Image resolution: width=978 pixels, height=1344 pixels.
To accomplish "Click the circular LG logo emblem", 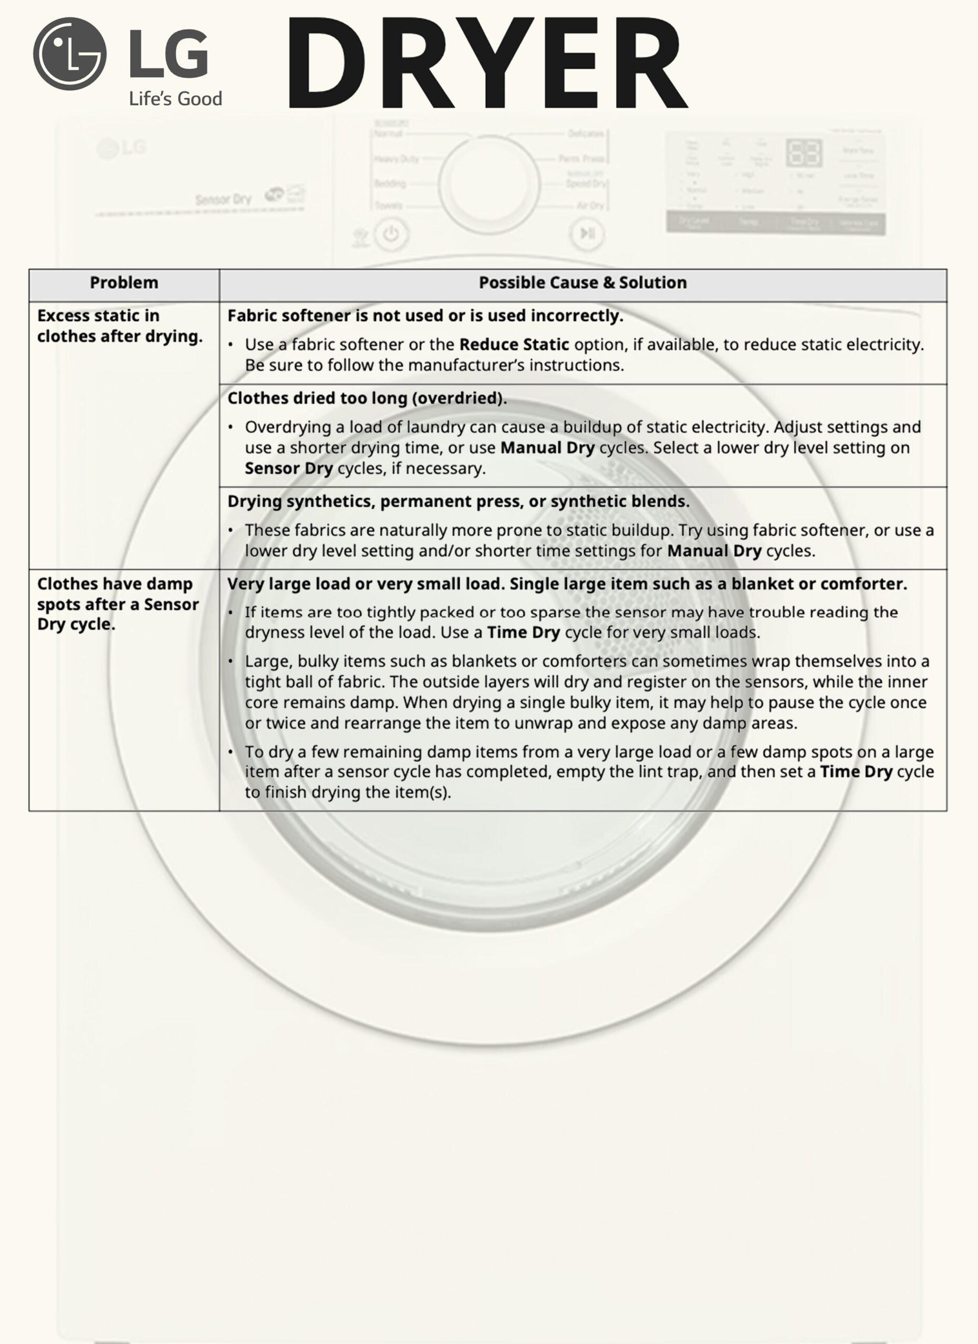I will click(x=70, y=54).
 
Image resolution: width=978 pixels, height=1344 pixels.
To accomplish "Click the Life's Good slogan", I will click(x=175, y=98).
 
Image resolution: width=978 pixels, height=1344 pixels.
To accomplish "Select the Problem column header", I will click(x=124, y=282).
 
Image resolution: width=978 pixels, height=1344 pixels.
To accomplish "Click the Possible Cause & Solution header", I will click(x=582, y=282).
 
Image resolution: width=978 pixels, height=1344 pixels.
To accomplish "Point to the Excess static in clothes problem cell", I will click(x=119, y=326).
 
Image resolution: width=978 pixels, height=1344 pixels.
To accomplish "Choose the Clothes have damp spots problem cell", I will click(x=117, y=604).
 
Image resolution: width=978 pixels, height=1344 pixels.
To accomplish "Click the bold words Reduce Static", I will click(x=514, y=344).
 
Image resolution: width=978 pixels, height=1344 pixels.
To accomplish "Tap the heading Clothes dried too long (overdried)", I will click(x=367, y=398).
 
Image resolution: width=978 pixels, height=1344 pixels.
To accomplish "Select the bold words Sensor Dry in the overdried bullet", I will click(x=289, y=468).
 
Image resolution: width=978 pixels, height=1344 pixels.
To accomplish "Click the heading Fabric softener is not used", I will click(x=425, y=316).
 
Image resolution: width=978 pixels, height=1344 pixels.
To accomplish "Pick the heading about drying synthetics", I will click(x=458, y=501).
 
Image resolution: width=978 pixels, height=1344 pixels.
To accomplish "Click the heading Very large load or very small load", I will click(x=567, y=584).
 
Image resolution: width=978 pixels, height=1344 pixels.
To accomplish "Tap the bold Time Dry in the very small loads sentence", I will click(x=523, y=632).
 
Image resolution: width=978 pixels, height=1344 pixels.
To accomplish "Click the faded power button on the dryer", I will click(x=391, y=234).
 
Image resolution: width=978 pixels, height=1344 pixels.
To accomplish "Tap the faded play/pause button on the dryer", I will click(x=587, y=234).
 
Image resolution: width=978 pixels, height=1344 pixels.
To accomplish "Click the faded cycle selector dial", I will click(x=489, y=184).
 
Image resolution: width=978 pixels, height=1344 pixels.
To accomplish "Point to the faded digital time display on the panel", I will click(x=804, y=153).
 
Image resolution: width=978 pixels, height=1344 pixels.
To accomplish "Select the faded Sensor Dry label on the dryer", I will click(x=223, y=199).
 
